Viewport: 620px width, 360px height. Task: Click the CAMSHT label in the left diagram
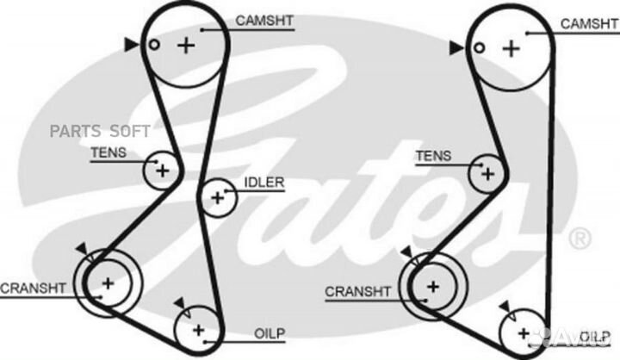(x=264, y=21)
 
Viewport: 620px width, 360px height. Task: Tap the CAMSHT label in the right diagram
(x=590, y=24)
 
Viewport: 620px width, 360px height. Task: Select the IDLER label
(x=264, y=183)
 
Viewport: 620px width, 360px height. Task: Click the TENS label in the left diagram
(x=108, y=152)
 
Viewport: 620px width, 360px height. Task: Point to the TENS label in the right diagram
(x=433, y=156)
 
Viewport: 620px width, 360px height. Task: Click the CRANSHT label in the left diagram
(x=33, y=288)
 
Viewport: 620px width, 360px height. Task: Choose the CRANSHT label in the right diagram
(x=357, y=292)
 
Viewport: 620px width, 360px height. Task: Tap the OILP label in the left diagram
(x=270, y=333)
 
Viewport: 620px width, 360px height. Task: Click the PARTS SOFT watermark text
(x=100, y=131)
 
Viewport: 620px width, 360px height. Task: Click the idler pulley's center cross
(x=217, y=197)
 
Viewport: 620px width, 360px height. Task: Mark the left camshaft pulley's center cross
(x=186, y=46)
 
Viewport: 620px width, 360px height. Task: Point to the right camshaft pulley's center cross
(x=512, y=49)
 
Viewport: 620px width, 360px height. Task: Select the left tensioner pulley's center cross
(x=162, y=171)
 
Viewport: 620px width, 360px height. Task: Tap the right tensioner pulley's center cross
(x=487, y=174)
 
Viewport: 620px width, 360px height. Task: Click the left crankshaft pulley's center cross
(x=108, y=283)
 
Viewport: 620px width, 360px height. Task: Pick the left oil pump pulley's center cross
(x=198, y=330)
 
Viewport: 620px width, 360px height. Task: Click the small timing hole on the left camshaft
(x=154, y=45)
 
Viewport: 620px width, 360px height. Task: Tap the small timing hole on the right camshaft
(x=480, y=48)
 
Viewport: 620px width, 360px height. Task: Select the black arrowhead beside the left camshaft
(x=131, y=45)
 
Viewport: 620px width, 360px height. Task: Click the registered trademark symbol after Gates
(x=580, y=239)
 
